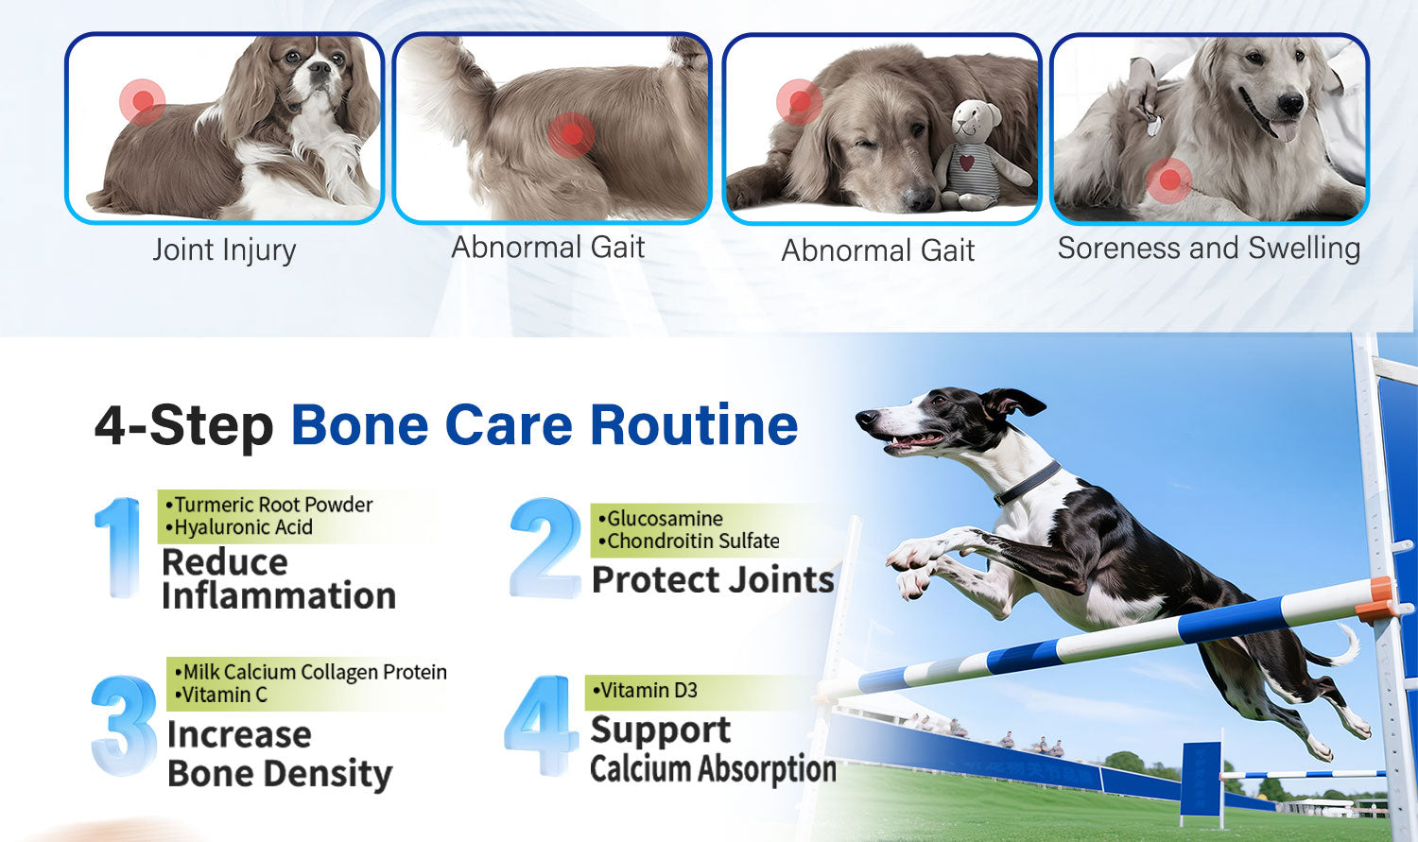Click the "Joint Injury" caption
pyautogui.click(x=224, y=249)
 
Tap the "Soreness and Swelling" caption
pyautogui.click(x=1209, y=248)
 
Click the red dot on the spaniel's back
pyautogui.click(x=143, y=101)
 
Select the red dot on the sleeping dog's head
pyautogui.click(x=800, y=101)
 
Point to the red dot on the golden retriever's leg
pyautogui.click(x=1168, y=180)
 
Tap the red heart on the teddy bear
pyautogui.click(x=967, y=163)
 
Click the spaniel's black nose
pyautogui.click(x=320, y=67)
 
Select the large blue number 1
pyautogui.click(x=118, y=547)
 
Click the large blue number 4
pyautogui.click(x=542, y=725)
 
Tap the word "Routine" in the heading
pyautogui.click(x=694, y=425)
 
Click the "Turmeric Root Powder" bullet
pyautogui.click(x=268, y=505)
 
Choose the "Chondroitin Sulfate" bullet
pyautogui.click(x=689, y=541)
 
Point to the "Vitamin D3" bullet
pyautogui.click(x=645, y=690)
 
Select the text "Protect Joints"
pyautogui.click(x=713, y=579)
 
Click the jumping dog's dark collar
pyautogui.click(x=1027, y=483)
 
